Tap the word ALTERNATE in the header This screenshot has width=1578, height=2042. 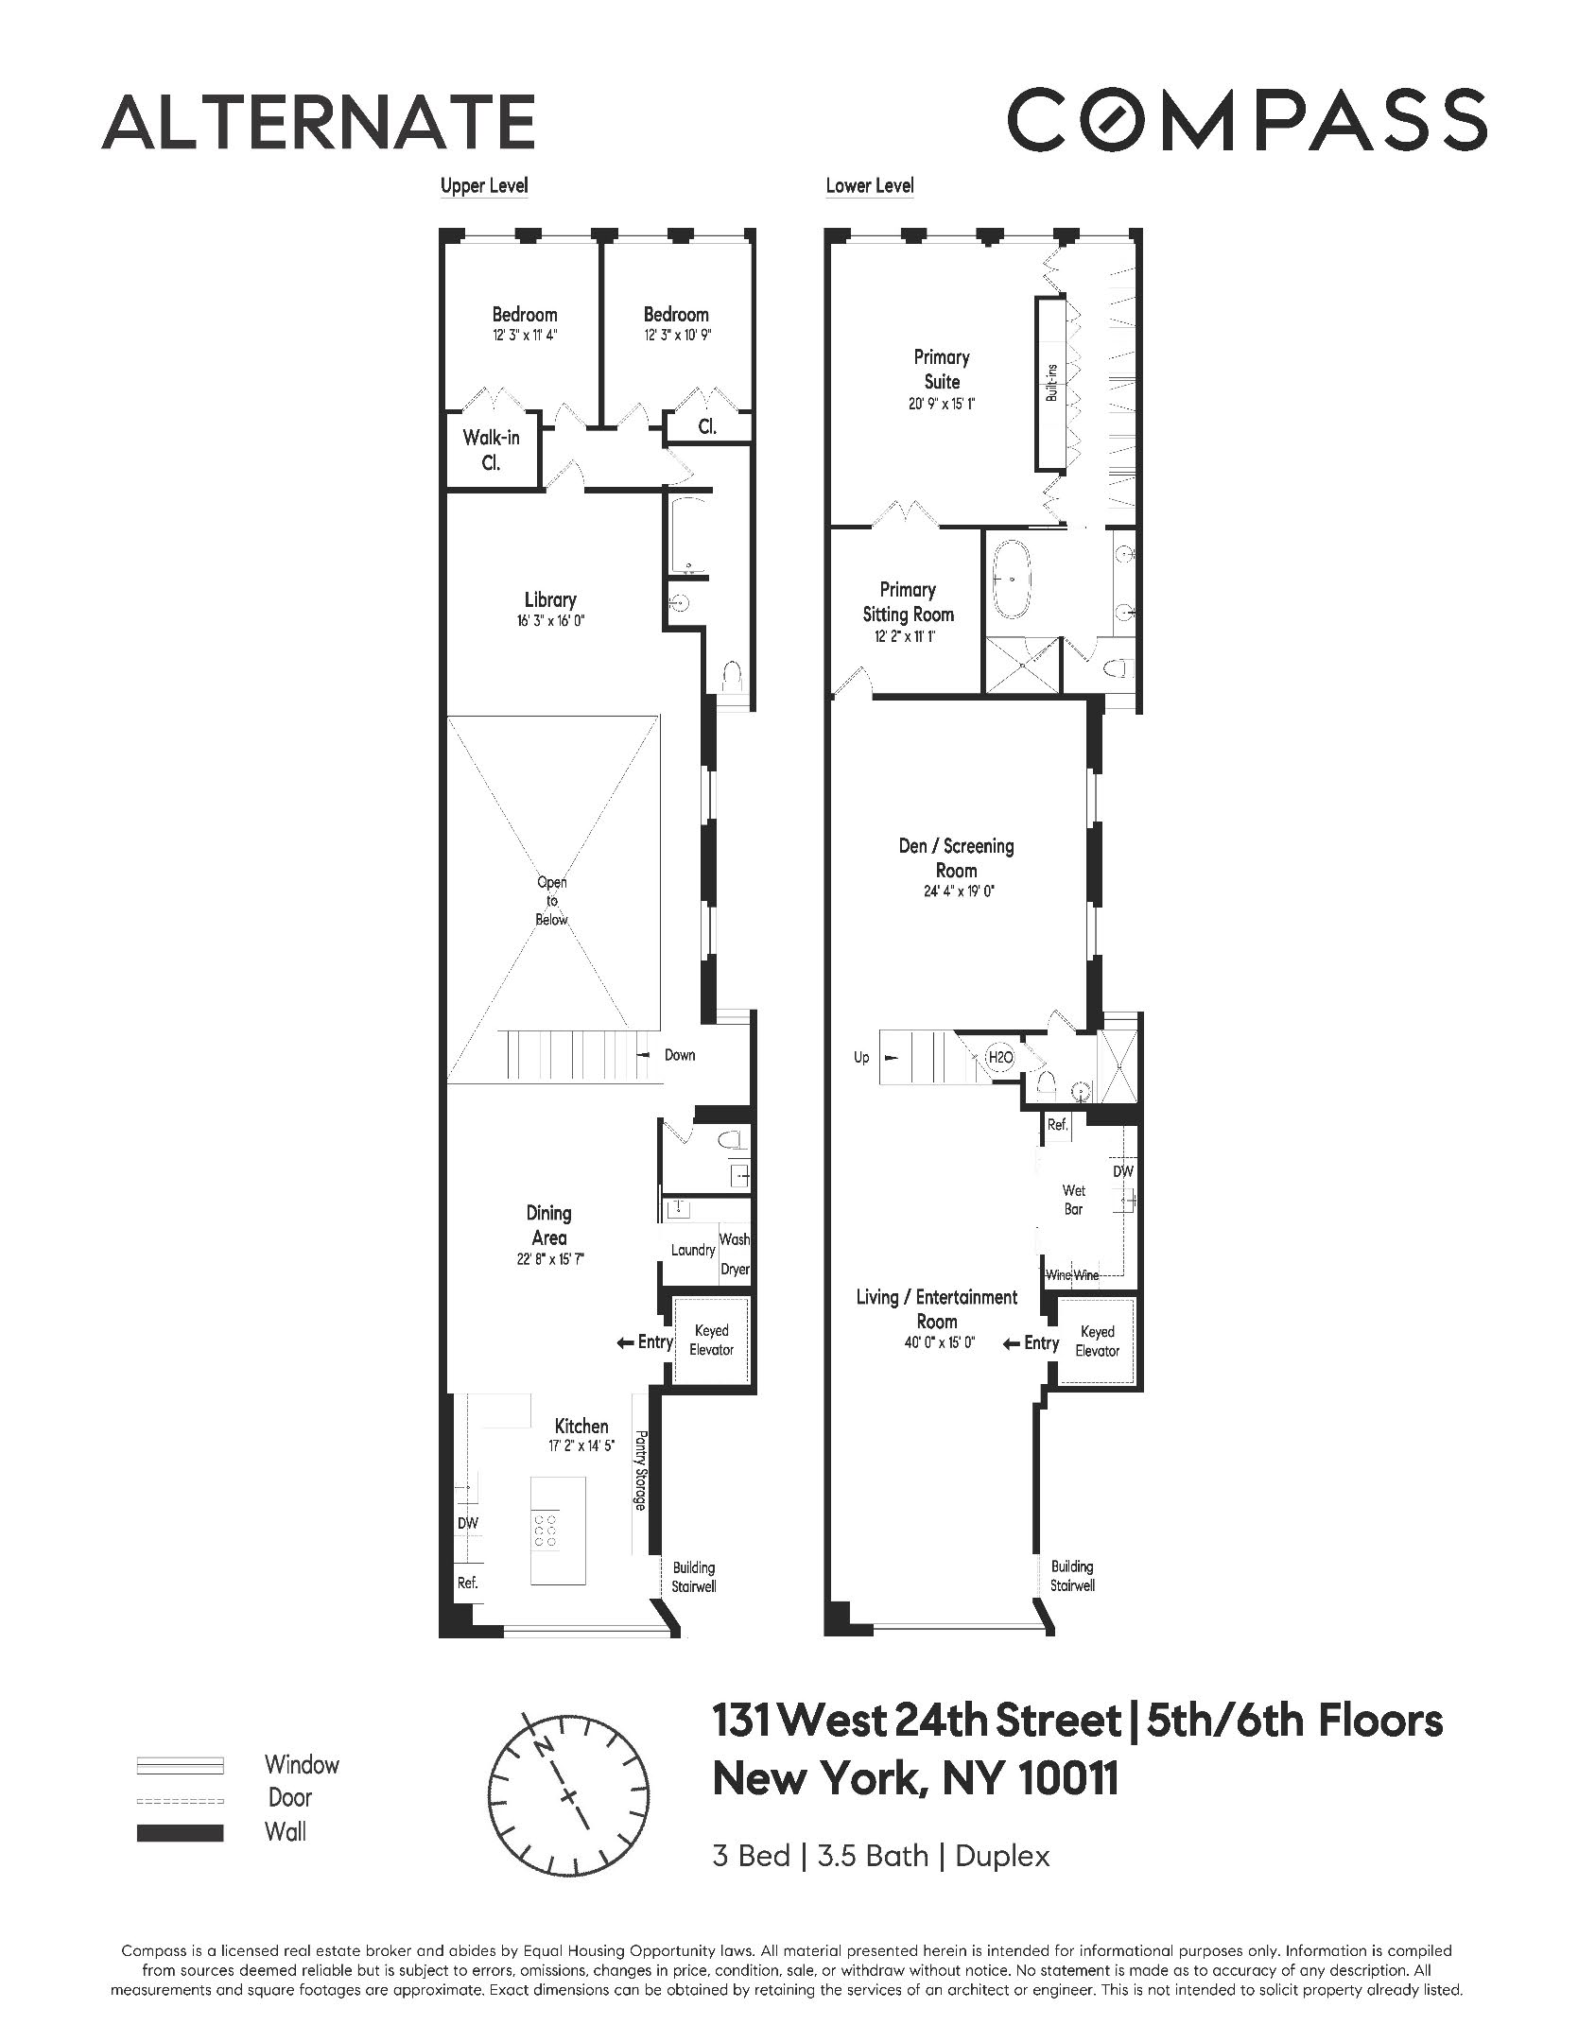319,122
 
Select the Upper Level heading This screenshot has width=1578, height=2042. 484,185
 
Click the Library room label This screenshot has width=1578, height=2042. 550,599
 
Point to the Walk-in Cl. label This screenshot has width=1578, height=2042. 491,450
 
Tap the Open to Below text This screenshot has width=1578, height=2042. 552,900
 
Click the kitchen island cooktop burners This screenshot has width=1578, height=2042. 545,1531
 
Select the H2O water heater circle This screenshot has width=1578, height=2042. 999,1058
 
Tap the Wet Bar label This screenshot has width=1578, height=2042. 1073,1200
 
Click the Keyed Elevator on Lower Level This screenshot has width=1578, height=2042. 1097,1341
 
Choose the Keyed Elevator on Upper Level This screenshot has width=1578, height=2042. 711,1340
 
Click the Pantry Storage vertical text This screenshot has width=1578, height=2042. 640,1470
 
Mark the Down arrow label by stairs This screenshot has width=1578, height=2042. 679,1055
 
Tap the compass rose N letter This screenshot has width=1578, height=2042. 543,1747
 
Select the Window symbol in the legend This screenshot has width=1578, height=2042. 180,1765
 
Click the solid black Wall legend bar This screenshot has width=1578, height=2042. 180,1833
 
